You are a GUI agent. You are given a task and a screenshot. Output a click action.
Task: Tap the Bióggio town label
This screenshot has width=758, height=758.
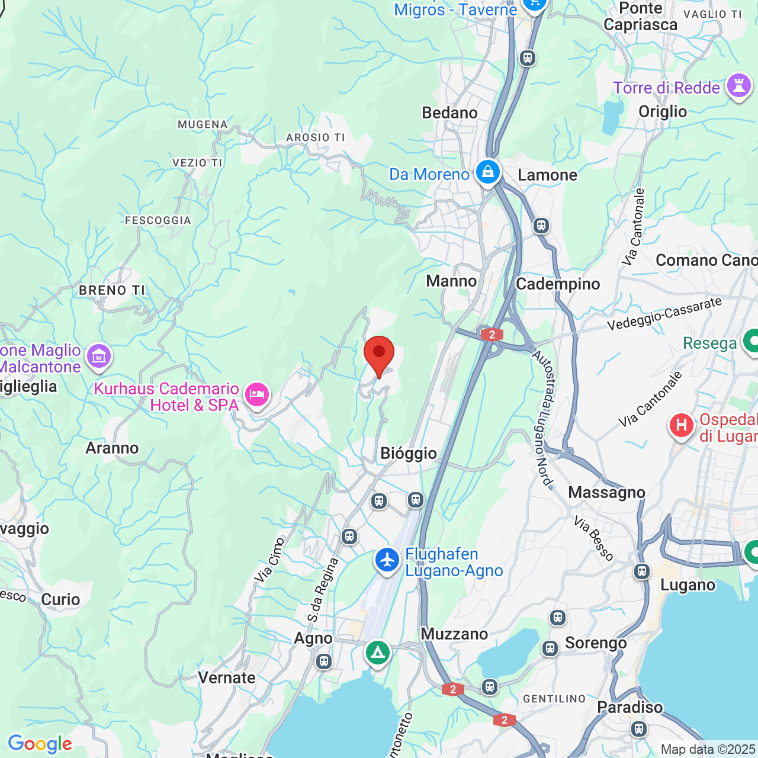pyautogui.click(x=409, y=454)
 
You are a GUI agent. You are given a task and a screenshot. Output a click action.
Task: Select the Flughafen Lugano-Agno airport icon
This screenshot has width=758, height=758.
pyautogui.click(x=387, y=560)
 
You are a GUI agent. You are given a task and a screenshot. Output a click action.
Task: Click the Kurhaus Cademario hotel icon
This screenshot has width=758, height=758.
pyautogui.click(x=256, y=395)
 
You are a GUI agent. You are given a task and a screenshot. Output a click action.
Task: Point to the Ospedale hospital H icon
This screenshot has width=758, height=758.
pyautogui.click(x=682, y=425)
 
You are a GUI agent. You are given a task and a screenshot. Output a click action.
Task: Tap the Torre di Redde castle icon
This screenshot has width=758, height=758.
pyautogui.click(x=739, y=86)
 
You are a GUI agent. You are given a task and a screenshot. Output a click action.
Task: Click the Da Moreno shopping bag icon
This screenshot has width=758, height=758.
pyautogui.click(x=487, y=173)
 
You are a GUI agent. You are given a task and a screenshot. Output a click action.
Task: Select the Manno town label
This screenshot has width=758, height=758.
pyautogui.click(x=451, y=281)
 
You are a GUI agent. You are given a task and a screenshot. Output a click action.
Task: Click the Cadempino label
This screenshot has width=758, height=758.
pyautogui.click(x=558, y=284)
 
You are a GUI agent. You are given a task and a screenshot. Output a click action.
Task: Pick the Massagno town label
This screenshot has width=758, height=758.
pyautogui.click(x=606, y=493)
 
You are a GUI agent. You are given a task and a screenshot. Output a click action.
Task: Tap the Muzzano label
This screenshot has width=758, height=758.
pyautogui.click(x=454, y=634)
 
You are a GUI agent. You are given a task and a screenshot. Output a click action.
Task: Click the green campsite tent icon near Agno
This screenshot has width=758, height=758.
pyautogui.click(x=377, y=653)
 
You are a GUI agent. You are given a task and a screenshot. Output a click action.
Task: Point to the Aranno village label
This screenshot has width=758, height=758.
pyautogui.click(x=112, y=448)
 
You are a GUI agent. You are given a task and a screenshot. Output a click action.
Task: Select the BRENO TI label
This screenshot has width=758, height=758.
pyautogui.click(x=112, y=290)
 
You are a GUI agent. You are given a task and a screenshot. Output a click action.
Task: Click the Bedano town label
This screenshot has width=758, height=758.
pyautogui.click(x=449, y=113)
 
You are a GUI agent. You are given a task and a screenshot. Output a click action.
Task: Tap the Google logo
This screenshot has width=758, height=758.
pyautogui.click(x=40, y=744)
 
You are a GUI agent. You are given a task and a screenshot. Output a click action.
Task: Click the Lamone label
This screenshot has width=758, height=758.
pyautogui.click(x=547, y=175)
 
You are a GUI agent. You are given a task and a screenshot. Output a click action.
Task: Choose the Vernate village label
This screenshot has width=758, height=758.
pyautogui.click(x=227, y=678)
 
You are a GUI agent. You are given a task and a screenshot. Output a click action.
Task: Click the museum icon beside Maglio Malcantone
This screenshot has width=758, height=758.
pyautogui.click(x=99, y=356)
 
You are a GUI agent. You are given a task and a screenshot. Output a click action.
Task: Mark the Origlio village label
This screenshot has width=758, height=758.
pyautogui.click(x=663, y=112)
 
